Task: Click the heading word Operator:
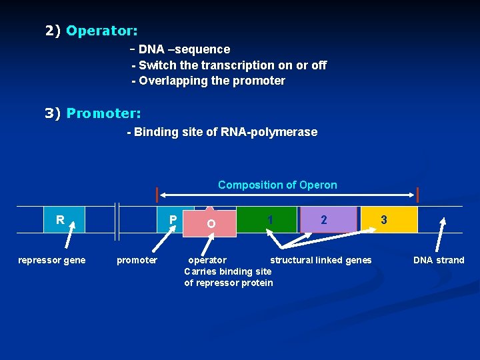[102, 31]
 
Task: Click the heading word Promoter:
[103, 113]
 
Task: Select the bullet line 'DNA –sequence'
[184, 49]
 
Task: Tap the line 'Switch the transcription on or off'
[229, 65]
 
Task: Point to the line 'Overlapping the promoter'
[209, 81]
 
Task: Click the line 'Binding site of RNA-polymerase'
[222, 132]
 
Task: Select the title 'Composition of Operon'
[277, 185]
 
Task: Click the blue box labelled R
[64, 219]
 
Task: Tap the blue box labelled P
[169, 219]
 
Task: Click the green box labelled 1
[268, 219]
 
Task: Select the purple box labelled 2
[328, 219]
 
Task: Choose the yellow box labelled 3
[389, 219]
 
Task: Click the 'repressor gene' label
[51, 260]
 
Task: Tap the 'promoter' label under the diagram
[137, 260]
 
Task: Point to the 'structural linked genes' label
[321, 260]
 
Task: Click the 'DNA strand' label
[439, 260]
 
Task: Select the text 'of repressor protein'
[229, 283]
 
